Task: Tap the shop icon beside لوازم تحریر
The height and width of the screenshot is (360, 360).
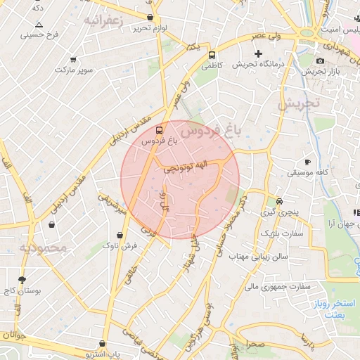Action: click(x=150, y=17)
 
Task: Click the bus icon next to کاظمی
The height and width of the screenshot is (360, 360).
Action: click(x=212, y=54)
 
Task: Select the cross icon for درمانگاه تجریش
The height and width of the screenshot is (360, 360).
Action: click(x=258, y=53)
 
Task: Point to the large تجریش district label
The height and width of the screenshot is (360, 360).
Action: click(x=298, y=103)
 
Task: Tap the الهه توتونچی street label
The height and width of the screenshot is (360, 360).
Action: click(x=186, y=167)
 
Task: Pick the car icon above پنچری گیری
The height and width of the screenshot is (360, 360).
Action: click(x=279, y=200)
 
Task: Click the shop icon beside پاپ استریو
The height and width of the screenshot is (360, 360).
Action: click(x=103, y=344)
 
